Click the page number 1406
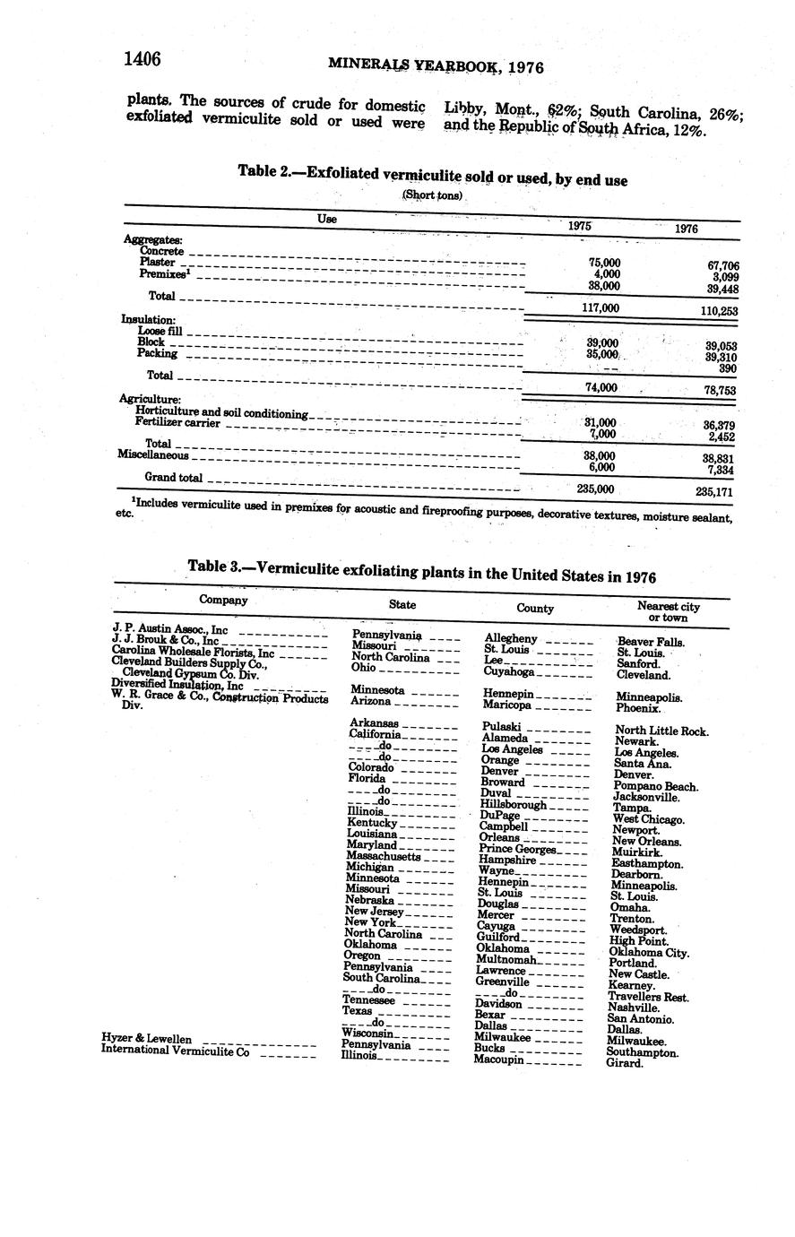tap(142, 59)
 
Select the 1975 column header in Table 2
tap(580, 227)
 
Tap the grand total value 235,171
tap(714, 491)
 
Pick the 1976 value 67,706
tap(721, 265)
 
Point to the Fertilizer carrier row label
tap(177, 422)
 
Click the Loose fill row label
tap(160, 331)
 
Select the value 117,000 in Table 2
tap(600, 308)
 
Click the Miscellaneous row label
tap(152, 454)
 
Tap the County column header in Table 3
tap(535, 608)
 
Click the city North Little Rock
tap(661, 731)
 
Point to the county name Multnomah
tap(506, 959)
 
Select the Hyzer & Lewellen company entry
tap(146, 1039)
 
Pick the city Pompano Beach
tap(657, 786)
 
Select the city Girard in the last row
tap(624, 1063)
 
